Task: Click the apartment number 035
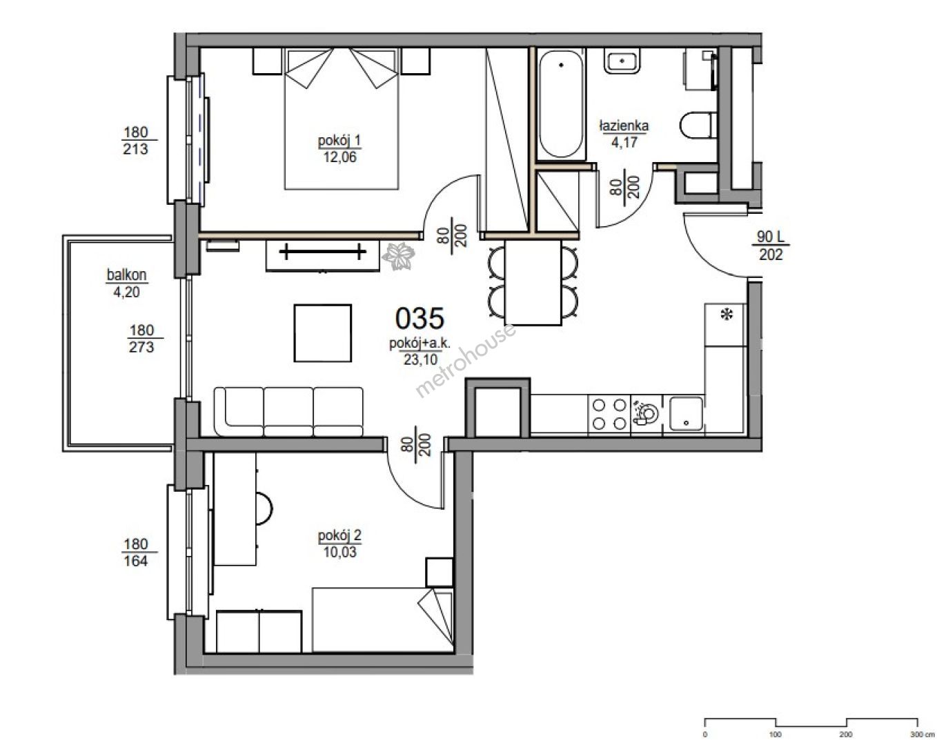pyautogui.click(x=420, y=318)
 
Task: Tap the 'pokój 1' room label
pyautogui.click(x=339, y=140)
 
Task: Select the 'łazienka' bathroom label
pyautogui.click(x=624, y=126)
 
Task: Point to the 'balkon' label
pyautogui.click(x=126, y=275)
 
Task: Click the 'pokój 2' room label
pyautogui.click(x=339, y=535)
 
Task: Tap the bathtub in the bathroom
pyautogui.click(x=561, y=104)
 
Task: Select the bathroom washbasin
pyautogui.click(x=622, y=61)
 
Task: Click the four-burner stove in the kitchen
pyautogui.click(x=609, y=414)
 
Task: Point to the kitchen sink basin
pyautogui.click(x=686, y=414)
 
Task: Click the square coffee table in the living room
pyautogui.click(x=323, y=333)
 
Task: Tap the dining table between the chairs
pyautogui.click(x=533, y=282)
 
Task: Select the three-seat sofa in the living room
pyautogui.click(x=288, y=411)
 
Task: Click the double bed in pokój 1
pyautogui.click(x=342, y=119)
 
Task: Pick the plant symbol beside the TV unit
pyautogui.click(x=398, y=256)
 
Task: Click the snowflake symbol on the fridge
pyautogui.click(x=727, y=314)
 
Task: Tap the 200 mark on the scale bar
pyautogui.click(x=845, y=734)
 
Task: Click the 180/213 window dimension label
pyautogui.click(x=135, y=140)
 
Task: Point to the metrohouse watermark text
pyautogui.click(x=465, y=361)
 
